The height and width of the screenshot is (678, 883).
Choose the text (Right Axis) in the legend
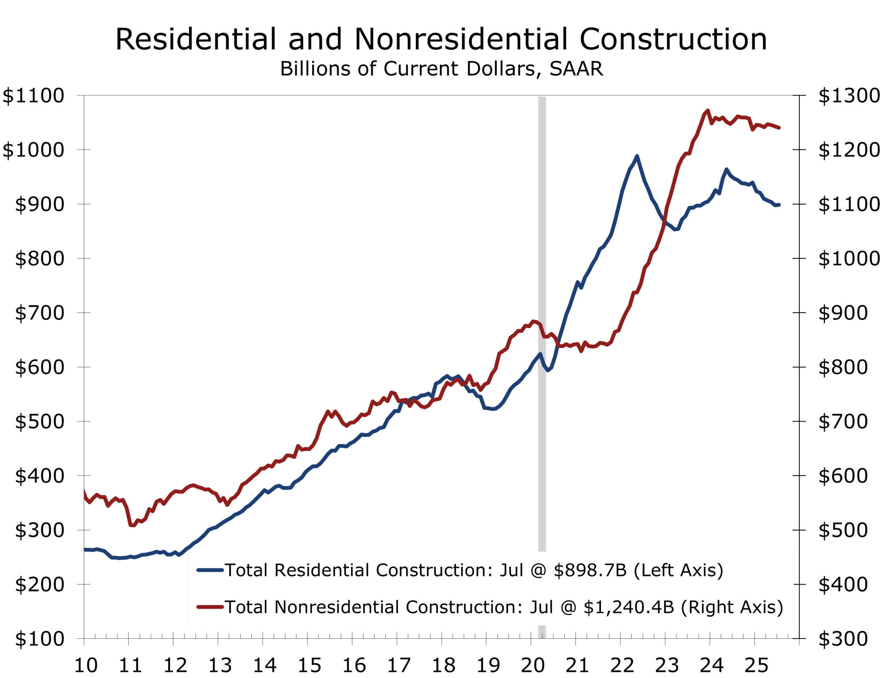tap(732, 607)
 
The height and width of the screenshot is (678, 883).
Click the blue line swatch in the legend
tap(210, 570)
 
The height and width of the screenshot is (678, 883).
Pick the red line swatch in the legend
tap(210, 607)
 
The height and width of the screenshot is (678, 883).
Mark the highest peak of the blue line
tap(636, 156)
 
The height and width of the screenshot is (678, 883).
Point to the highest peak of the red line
tap(708, 110)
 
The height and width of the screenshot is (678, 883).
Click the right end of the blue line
tap(779, 205)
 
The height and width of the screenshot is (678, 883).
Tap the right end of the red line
tap(779, 128)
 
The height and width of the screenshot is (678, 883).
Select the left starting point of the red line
tap(85, 489)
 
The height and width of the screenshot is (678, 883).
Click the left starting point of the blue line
tap(85, 550)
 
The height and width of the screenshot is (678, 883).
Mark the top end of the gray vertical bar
tap(542, 98)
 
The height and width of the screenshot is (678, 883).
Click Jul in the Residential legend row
tap(511, 570)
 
